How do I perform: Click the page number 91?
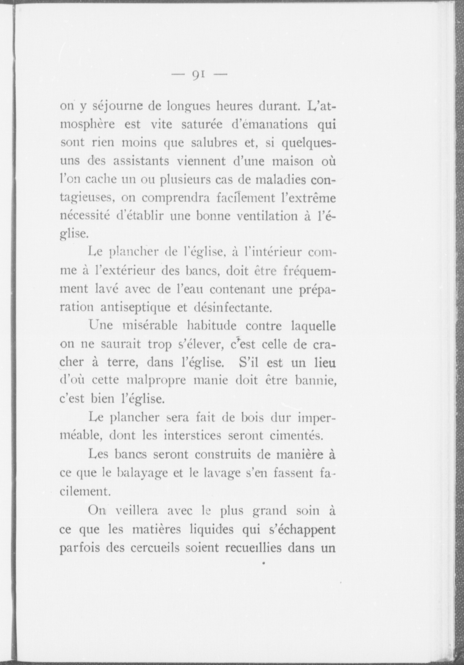(199, 74)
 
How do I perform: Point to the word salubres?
(205, 143)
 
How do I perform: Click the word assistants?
(141, 161)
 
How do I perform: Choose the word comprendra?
(176, 198)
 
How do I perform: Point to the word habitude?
(212, 325)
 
